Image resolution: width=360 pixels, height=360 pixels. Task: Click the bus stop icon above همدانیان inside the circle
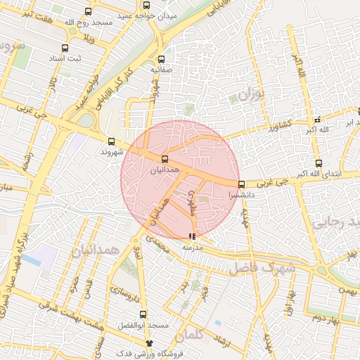[x=165, y=159]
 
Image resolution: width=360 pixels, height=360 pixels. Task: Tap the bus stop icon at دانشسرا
[x=241, y=184]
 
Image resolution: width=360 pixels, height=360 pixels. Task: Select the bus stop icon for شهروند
[x=112, y=141]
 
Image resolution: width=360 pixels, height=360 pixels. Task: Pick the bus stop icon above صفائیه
[x=162, y=60]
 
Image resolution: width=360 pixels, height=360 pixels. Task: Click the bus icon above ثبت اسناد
[x=65, y=49]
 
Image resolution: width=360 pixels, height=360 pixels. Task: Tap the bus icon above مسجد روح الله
[x=88, y=11]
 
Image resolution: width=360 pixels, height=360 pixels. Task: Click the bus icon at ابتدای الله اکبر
[x=319, y=163]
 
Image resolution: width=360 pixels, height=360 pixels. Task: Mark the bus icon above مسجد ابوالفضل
[x=143, y=314]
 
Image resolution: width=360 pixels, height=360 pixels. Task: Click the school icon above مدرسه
[x=192, y=237]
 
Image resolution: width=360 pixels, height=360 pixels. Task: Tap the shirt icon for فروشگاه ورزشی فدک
[x=149, y=342]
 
